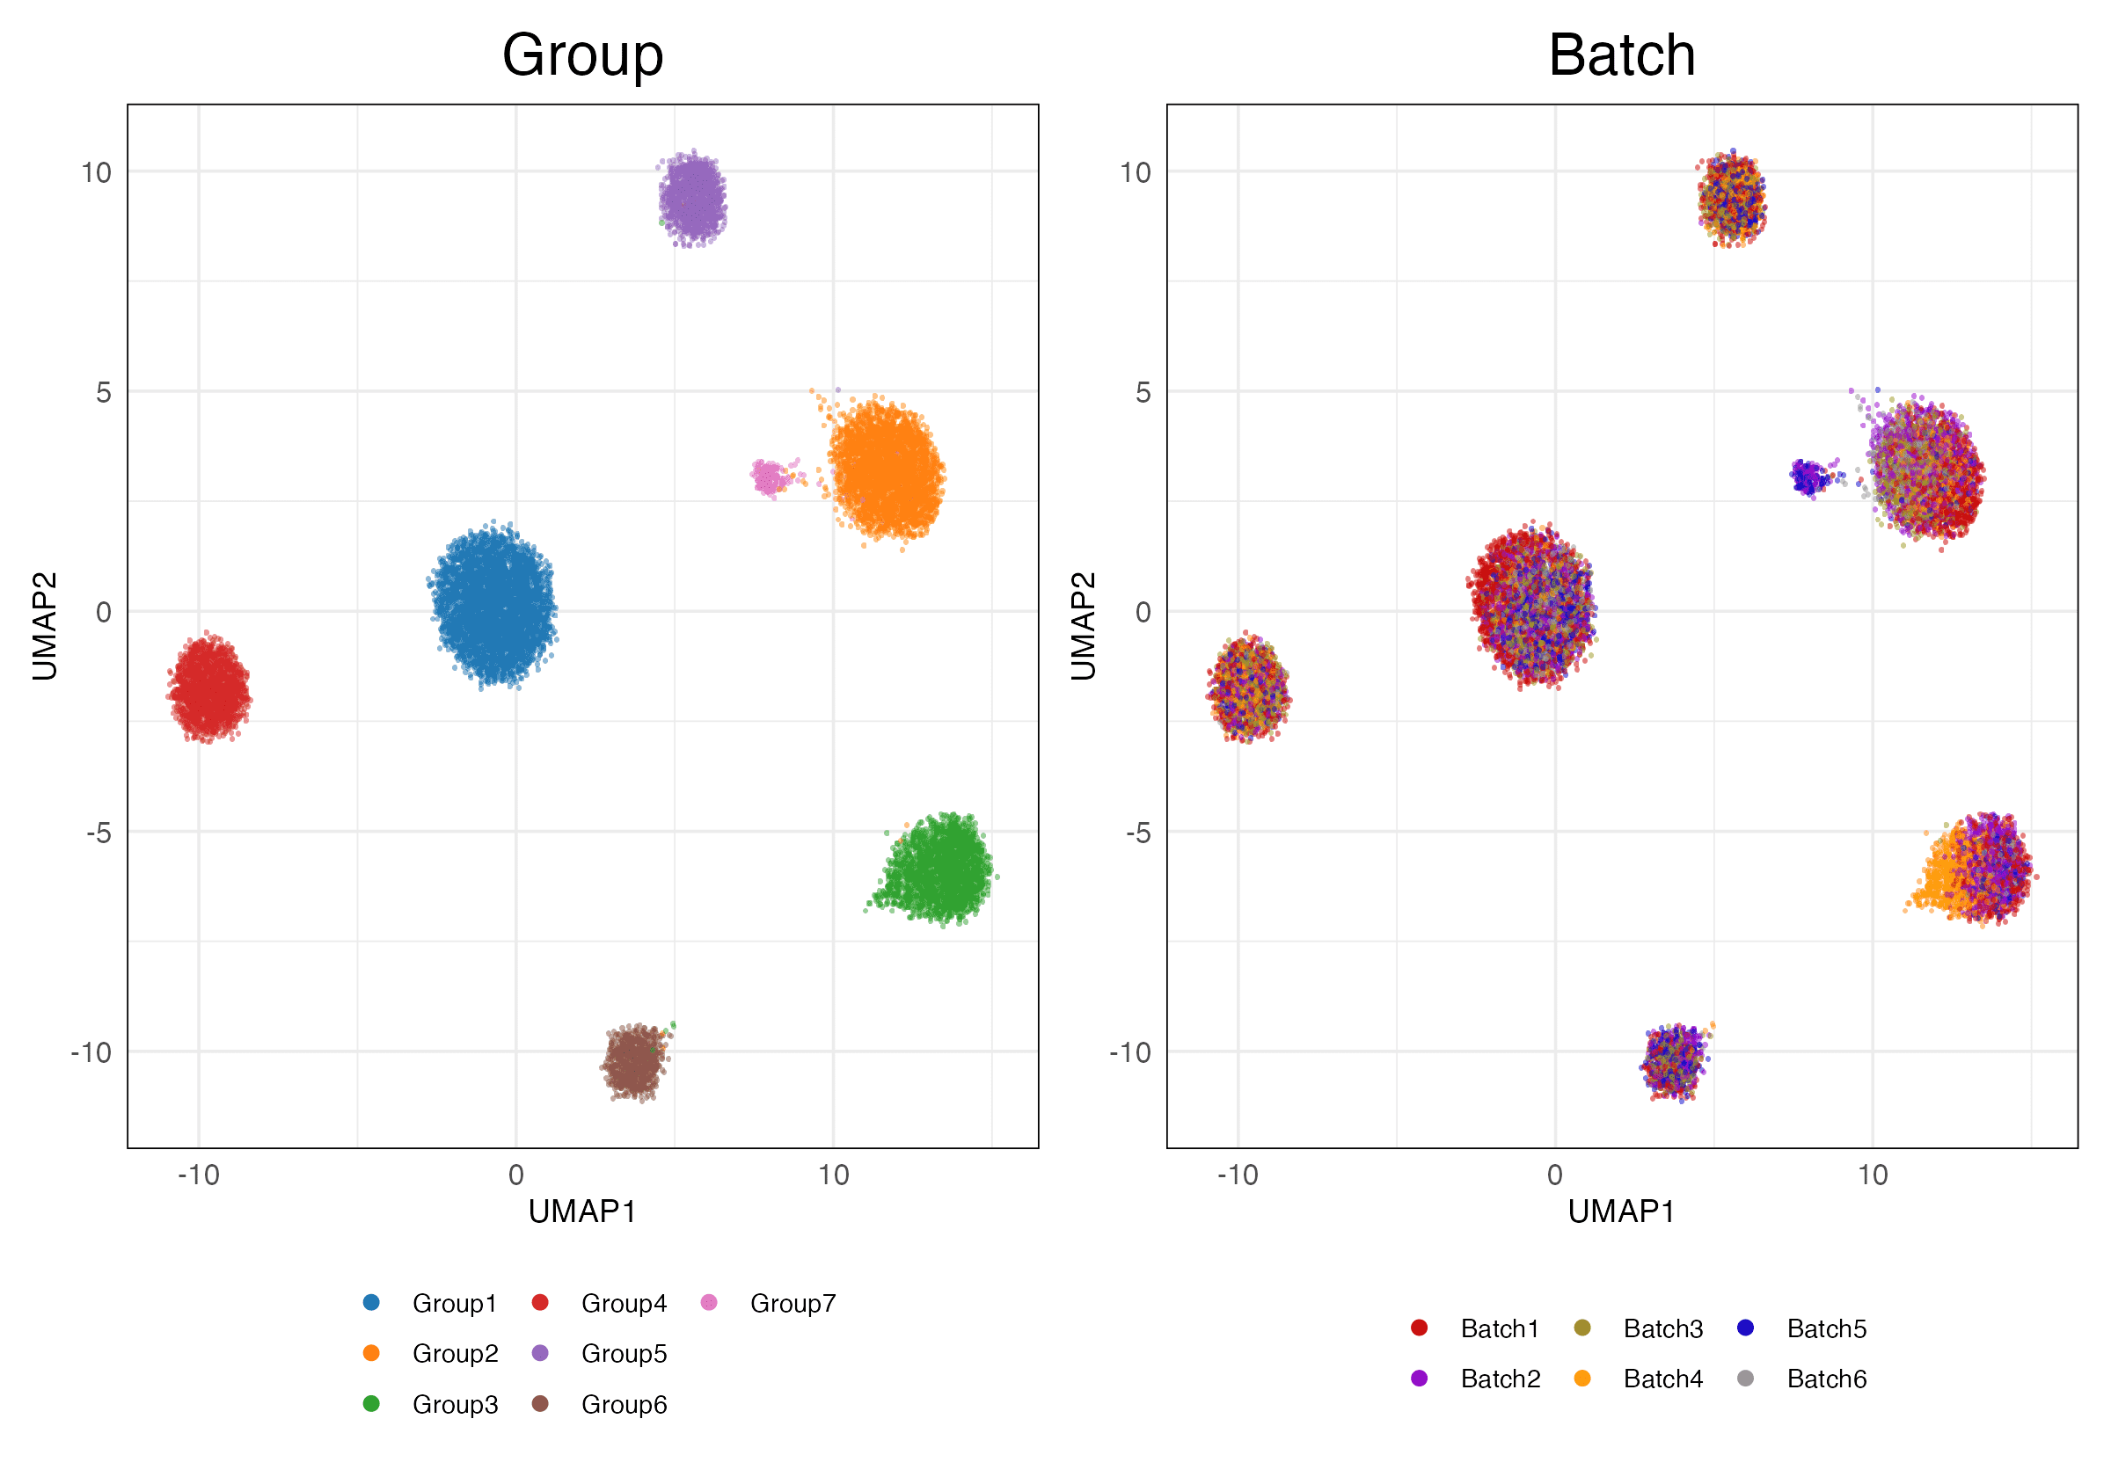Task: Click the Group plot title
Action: pos(582,55)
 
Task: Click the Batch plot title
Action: pos(1621,55)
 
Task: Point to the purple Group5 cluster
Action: pos(692,200)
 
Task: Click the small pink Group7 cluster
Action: pos(769,477)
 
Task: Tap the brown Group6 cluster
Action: pos(633,1061)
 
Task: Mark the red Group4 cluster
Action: pos(209,688)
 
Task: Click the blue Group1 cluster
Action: pos(493,607)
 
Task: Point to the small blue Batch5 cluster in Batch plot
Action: pos(1809,477)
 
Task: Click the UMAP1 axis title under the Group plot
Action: pos(582,1212)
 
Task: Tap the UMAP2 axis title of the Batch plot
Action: pos(1083,626)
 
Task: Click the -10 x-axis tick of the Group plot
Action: pos(199,1175)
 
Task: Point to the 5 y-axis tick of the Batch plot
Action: pos(1142,392)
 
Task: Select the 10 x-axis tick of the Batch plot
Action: pos(1872,1175)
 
